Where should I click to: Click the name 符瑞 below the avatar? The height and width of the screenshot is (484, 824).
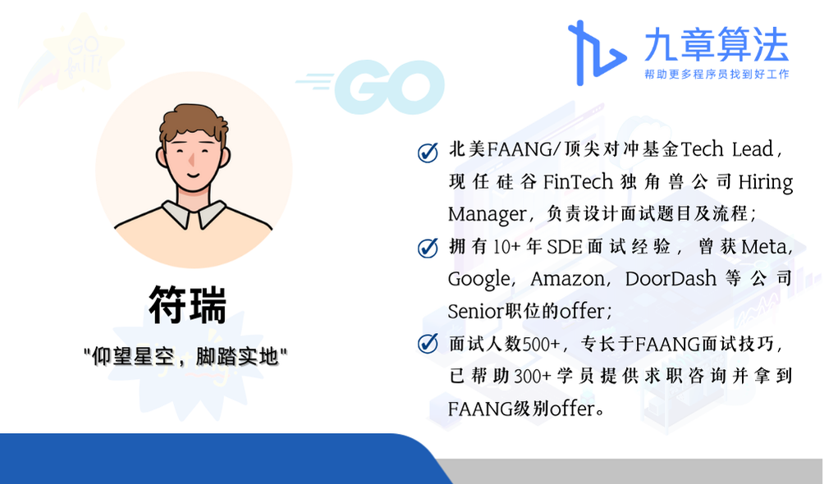(188, 305)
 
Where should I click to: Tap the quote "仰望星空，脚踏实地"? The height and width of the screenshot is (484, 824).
(185, 357)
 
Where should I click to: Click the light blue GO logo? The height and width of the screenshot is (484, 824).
(370, 87)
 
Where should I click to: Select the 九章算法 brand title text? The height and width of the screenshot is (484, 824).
(716, 44)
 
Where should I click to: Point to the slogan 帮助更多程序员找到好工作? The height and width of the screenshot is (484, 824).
(716, 74)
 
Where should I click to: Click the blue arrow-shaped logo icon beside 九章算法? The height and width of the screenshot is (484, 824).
(597, 53)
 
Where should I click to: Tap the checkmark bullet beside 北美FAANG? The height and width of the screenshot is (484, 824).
(428, 153)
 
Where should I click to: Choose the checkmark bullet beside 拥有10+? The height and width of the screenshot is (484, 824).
(428, 247)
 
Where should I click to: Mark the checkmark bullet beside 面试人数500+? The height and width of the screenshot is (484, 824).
(428, 343)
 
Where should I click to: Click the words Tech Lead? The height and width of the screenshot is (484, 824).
(727, 149)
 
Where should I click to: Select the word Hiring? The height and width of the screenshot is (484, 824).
(765, 182)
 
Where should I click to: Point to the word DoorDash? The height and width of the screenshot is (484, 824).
(671, 278)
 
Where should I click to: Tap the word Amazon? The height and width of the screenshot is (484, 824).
(568, 279)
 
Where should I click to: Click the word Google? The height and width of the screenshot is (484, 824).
(478, 280)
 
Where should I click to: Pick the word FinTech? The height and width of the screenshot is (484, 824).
(578, 182)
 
